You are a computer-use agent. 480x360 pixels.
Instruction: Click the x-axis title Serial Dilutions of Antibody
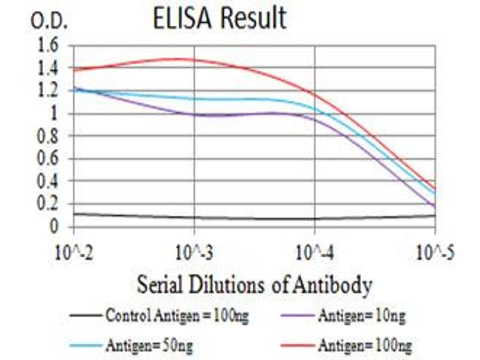tap(254, 284)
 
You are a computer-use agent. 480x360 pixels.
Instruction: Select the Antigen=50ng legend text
tap(150, 345)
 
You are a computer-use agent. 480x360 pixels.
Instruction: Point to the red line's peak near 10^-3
tap(180, 59)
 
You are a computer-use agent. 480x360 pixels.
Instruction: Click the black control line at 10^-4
tap(314, 218)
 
